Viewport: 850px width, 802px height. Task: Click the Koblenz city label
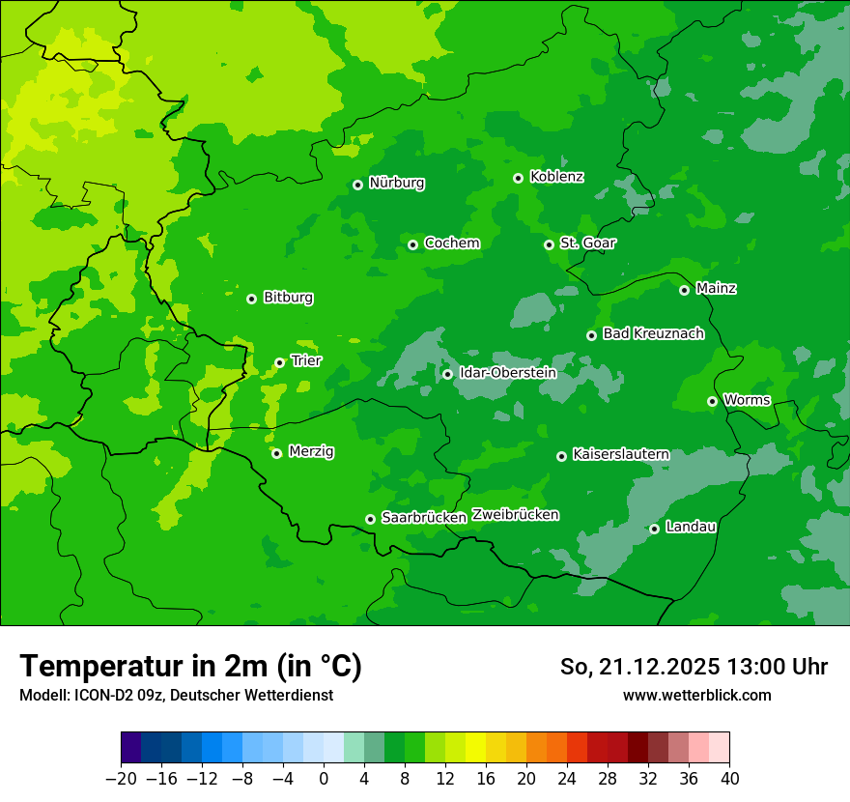coord(556,177)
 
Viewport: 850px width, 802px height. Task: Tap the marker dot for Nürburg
coord(357,185)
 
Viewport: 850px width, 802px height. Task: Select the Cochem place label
coord(451,243)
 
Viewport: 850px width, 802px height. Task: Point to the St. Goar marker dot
coord(549,244)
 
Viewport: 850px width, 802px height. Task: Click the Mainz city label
coord(716,289)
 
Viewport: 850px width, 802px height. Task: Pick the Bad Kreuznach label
coord(653,334)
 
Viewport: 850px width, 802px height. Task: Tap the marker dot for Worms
coord(712,401)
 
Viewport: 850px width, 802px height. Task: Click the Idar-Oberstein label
coord(507,373)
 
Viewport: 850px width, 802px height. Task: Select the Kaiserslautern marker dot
coord(561,456)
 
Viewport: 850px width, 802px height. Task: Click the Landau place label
coord(691,528)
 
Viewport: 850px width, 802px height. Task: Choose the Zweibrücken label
coord(515,515)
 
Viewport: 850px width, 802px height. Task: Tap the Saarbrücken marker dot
coord(370,519)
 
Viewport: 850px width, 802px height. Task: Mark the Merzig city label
coord(311,452)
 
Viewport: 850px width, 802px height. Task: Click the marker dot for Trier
coord(279,363)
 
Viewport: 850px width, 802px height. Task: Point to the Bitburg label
coord(288,298)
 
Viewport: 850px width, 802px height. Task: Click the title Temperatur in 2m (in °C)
coord(190,667)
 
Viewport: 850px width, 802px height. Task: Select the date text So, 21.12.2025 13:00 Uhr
coord(694,667)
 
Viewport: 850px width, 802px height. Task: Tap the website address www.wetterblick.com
coord(696,695)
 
